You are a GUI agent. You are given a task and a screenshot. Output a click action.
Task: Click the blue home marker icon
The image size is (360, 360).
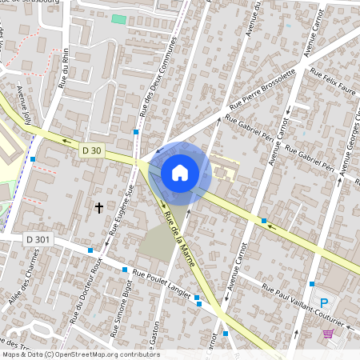coord(180,172)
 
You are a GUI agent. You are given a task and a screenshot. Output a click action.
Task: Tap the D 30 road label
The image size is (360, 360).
coord(92,150)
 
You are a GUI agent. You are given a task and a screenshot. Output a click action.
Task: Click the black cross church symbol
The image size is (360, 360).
coord(99,207)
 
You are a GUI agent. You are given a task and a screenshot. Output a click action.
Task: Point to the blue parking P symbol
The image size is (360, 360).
coord(324,303)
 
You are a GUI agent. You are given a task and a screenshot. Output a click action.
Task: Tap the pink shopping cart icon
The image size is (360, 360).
coord(329,334)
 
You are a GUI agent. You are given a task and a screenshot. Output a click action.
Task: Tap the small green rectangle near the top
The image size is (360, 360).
coord(118,18)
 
